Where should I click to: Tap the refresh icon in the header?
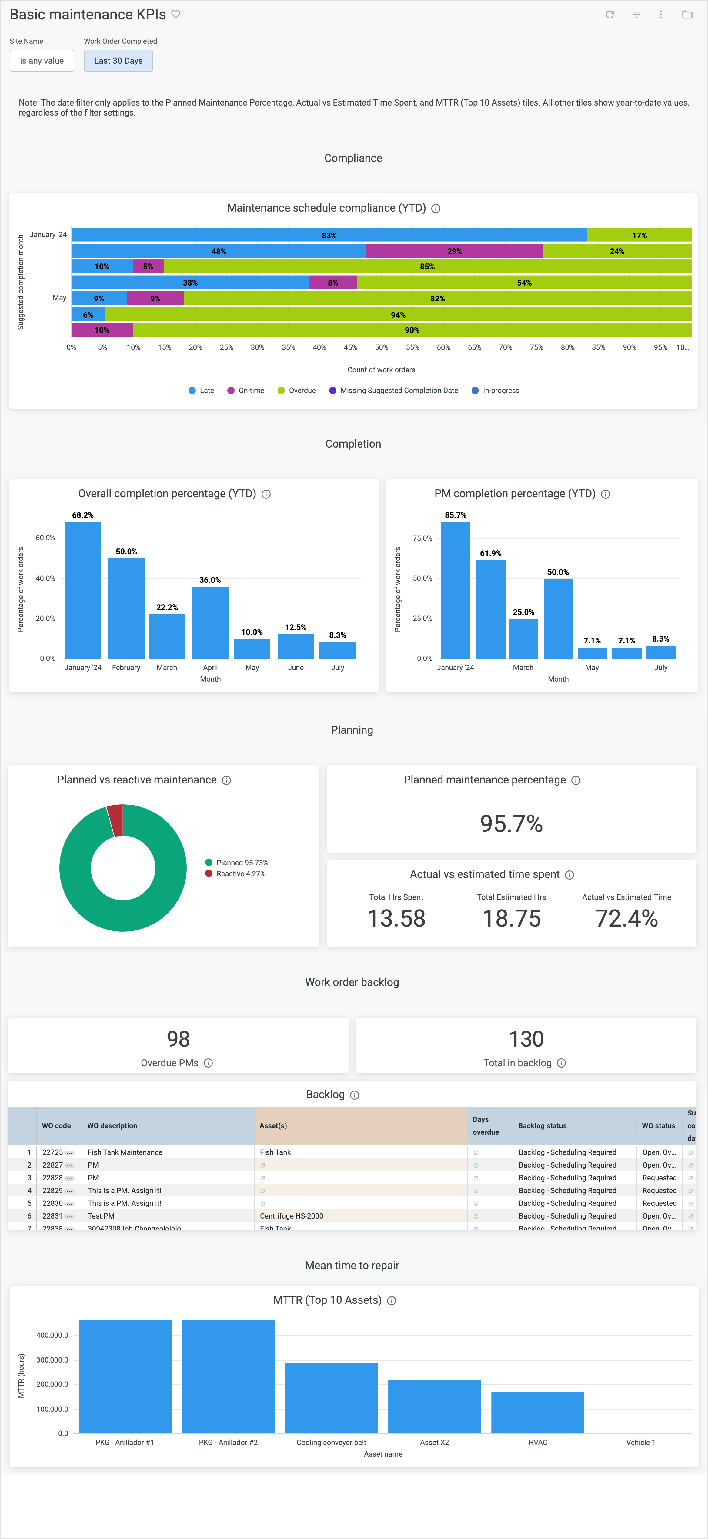pyautogui.click(x=609, y=14)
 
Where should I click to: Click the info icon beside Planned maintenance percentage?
pyautogui.click(x=575, y=780)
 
